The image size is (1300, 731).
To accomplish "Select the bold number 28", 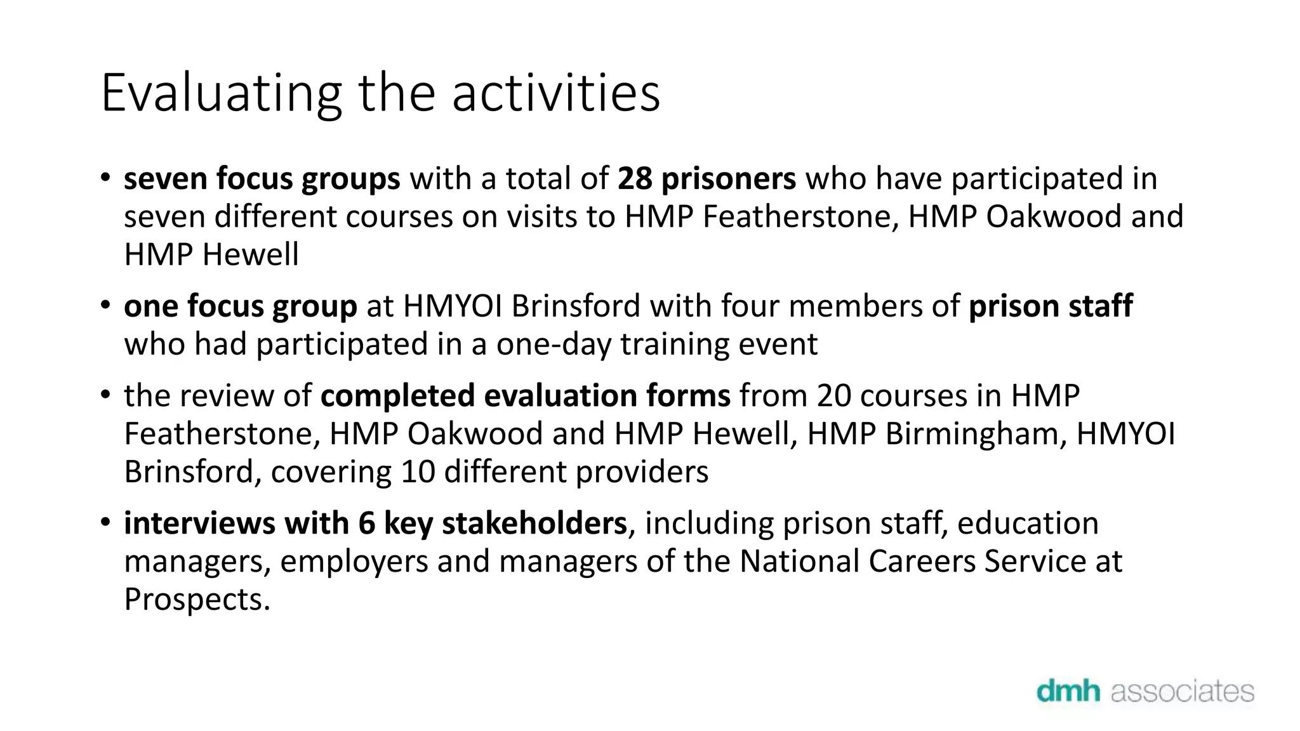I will point(634,178).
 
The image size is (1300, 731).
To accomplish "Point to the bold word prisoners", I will point(728,178).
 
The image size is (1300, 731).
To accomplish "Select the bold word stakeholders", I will point(534,524).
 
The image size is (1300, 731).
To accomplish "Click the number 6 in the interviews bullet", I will point(366,524).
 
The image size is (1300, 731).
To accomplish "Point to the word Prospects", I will point(197,600).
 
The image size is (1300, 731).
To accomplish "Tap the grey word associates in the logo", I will point(1182,691).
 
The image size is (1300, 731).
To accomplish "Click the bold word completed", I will point(397,396).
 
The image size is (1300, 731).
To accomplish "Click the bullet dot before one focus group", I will point(105,306).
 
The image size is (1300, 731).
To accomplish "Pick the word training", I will point(672,345).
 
